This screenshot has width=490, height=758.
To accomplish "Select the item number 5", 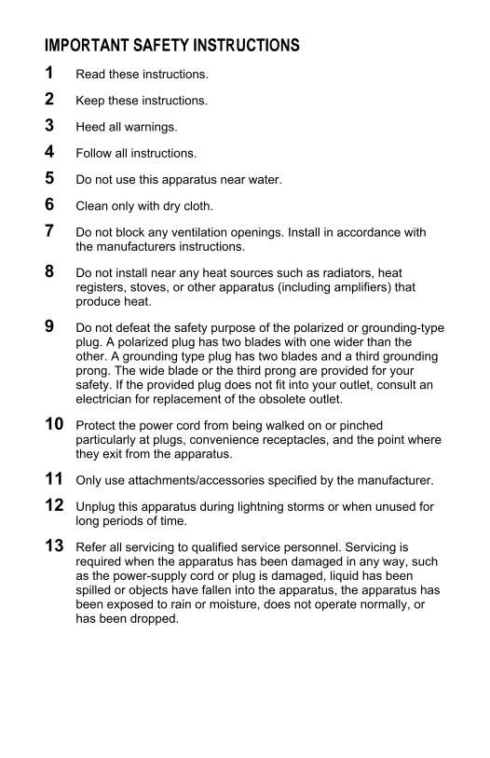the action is tap(49, 177).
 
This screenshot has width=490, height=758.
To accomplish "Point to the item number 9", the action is tap(49, 326).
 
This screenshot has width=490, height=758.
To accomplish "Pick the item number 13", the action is tap(54, 545).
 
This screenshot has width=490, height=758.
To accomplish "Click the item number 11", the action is tap(54, 479).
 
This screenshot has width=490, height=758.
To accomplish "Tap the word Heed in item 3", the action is tap(90, 127).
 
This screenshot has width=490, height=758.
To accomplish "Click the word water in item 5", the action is tap(236, 180).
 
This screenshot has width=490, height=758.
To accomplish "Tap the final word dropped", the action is tap(154, 619).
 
